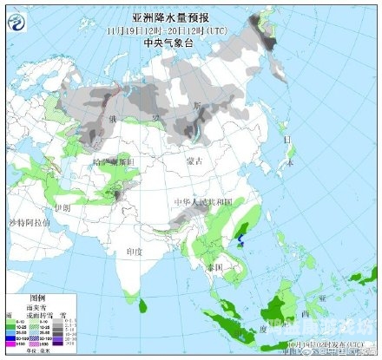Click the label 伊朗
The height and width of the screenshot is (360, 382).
(62, 208)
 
